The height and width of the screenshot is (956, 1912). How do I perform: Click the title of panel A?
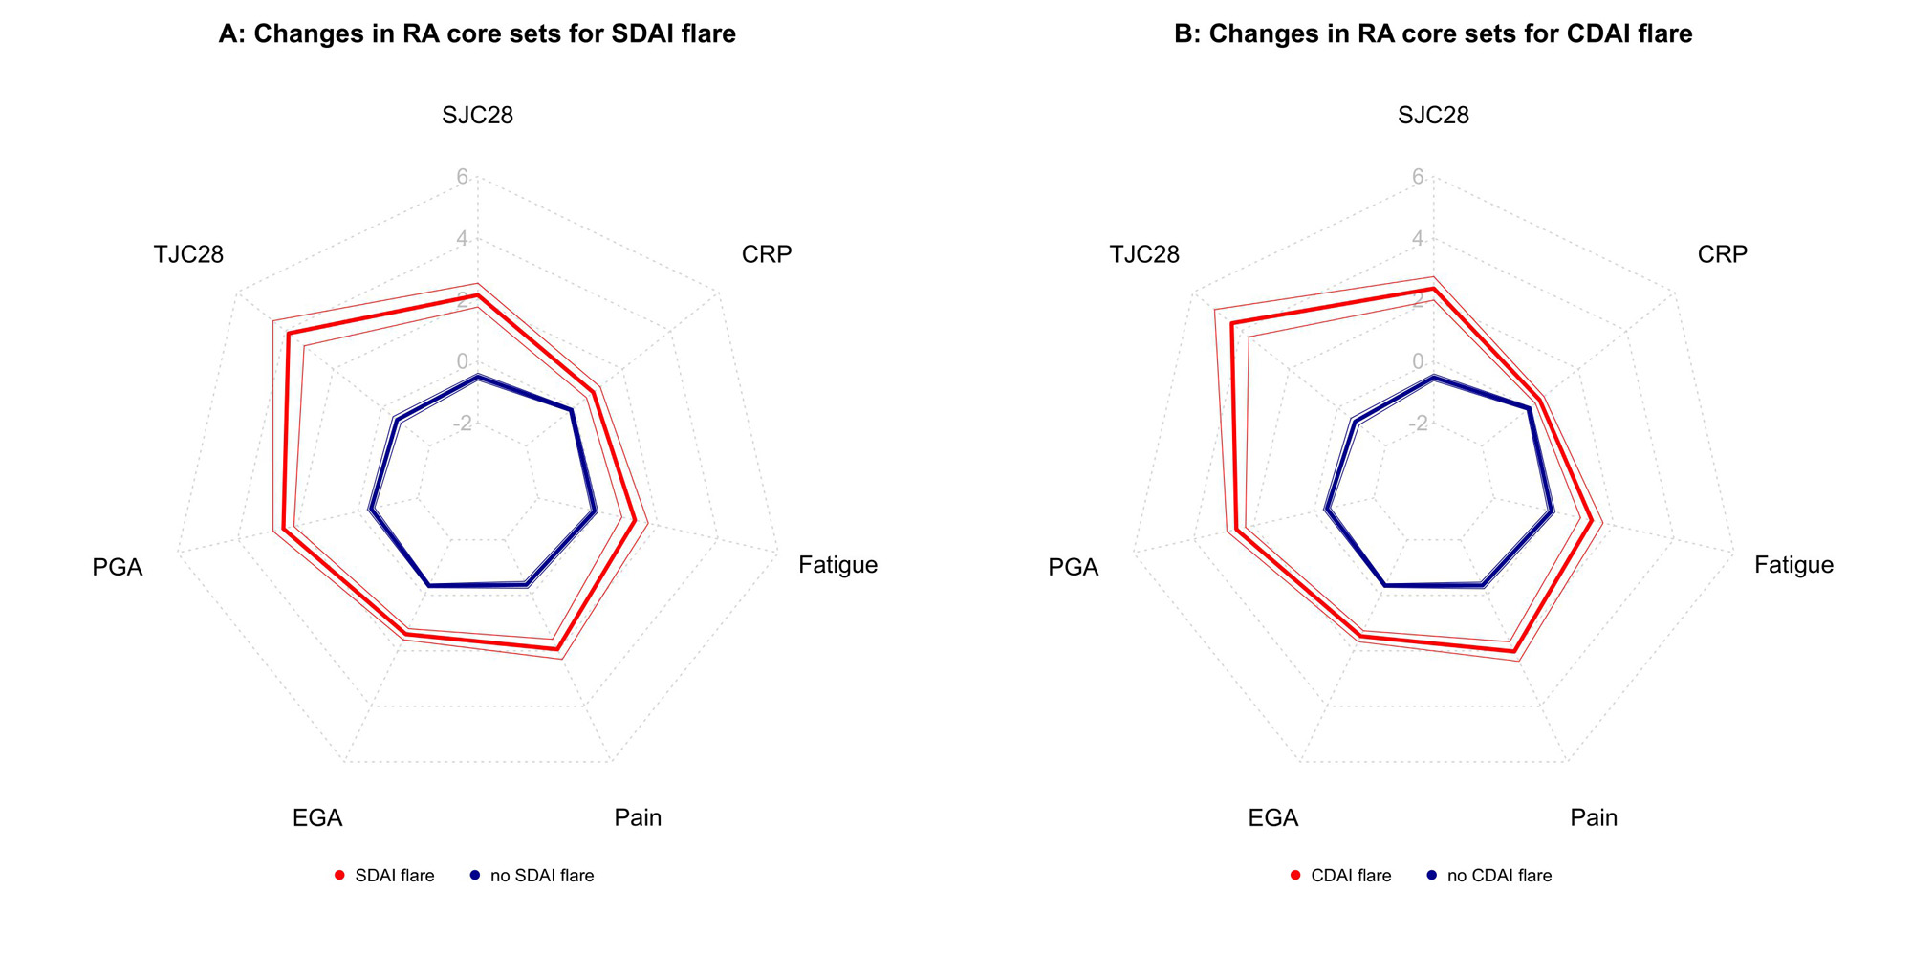(477, 34)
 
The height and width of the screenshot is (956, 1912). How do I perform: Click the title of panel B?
(1433, 34)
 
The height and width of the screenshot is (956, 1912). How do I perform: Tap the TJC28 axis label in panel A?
(188, 254)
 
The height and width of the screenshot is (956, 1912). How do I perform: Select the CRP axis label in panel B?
(1722, 254)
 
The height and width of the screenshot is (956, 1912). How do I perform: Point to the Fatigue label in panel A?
(837, 565)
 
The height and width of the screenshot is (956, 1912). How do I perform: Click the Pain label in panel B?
(1594, 817)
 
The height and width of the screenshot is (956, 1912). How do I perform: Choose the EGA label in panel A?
(317, 817)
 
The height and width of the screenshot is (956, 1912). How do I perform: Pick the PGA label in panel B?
(1073, 568)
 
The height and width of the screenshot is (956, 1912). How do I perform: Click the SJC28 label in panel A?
(477, 116)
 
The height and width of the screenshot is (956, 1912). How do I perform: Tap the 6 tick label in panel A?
(462, 177)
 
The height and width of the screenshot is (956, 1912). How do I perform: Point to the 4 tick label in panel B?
(1418, 238)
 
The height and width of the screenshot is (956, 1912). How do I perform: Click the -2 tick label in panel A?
(459, 423)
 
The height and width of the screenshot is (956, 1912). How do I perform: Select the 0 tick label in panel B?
(1418, 361)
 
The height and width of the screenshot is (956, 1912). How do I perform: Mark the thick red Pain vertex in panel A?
(556, 649)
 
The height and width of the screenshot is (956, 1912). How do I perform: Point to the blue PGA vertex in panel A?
(371, 511)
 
